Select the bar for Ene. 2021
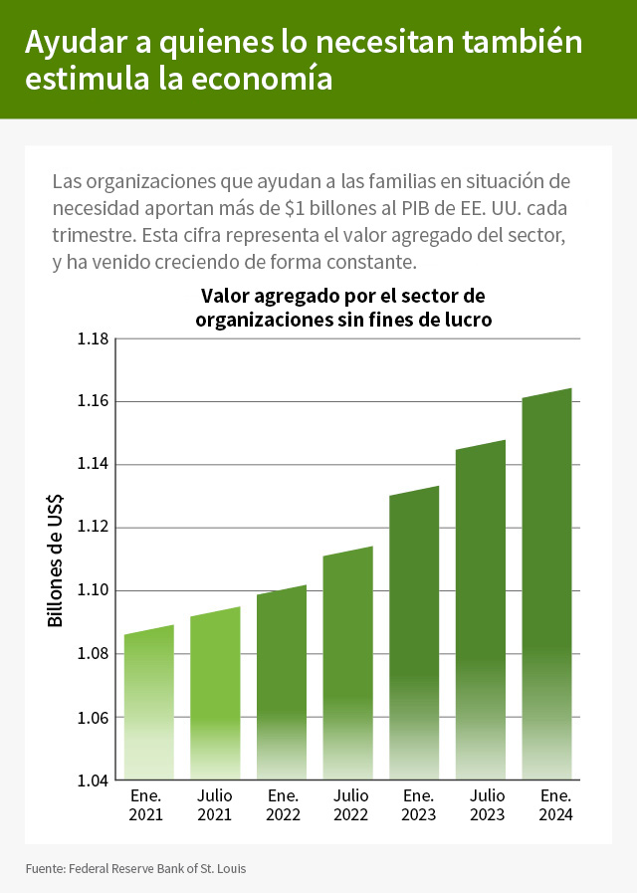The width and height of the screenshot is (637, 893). (x=149, y=703)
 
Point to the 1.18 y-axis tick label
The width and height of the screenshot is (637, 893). (x=93, y=338)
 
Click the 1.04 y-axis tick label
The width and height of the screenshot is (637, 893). (x=93, y=781)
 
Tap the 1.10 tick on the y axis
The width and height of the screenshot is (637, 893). (x=93, y=591)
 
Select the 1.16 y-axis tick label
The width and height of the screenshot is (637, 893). (x=93, y=402)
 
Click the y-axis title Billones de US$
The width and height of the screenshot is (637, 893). (x=56, y=560)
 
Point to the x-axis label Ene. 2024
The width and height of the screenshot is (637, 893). (x=554, y=804)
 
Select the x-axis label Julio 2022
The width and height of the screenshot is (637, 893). (x=350, y=804)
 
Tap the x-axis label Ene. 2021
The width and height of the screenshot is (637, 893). (x=147, y=804)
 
